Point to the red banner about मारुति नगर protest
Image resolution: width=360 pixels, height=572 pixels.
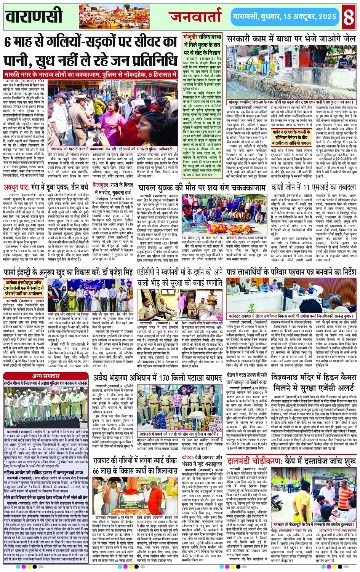[91, 74]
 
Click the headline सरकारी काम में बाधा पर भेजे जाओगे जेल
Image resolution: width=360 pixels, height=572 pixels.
[291, 39]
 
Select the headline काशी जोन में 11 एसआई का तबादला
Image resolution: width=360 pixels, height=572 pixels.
[313, 188]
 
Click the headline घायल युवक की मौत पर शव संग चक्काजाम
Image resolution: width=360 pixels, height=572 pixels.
[202, 188]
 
